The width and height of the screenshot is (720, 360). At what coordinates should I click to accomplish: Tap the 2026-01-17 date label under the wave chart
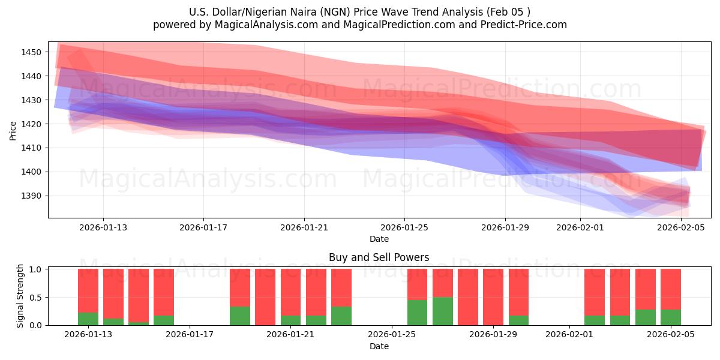tap(203, 227)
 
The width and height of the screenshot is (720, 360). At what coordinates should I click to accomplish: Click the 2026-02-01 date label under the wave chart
tap(580, 227)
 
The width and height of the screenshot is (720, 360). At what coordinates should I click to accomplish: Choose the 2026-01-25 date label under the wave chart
tap(404, 227)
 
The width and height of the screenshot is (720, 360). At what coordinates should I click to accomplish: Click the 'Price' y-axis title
tap(13, 130)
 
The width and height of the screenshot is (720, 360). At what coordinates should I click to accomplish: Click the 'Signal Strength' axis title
tap(20, 296)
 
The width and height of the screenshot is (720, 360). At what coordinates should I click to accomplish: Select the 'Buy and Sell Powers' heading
tap(379, 257)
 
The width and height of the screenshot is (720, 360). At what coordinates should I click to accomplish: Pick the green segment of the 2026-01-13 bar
tap(88, 319)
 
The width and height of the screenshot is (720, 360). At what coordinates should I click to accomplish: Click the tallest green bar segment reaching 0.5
tap(443, 311)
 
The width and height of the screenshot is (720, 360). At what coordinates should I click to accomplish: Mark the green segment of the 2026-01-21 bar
tap(291, 320)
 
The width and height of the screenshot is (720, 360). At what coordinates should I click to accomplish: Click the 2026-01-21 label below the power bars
tap(291, 335)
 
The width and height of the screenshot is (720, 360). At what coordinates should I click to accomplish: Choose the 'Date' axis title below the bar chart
tap(379, 346)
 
